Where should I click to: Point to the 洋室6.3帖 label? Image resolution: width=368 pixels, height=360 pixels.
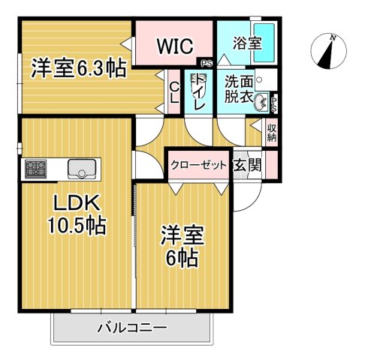77,70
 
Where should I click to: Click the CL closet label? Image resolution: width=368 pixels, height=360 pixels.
173,92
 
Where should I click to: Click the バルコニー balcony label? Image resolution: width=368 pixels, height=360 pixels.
131,327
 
